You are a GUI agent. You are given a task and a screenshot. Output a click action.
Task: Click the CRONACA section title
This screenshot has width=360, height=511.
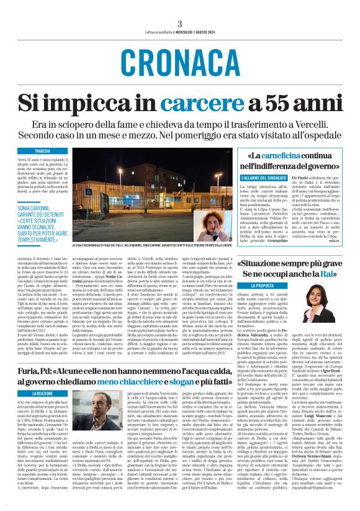coord(179,61)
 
